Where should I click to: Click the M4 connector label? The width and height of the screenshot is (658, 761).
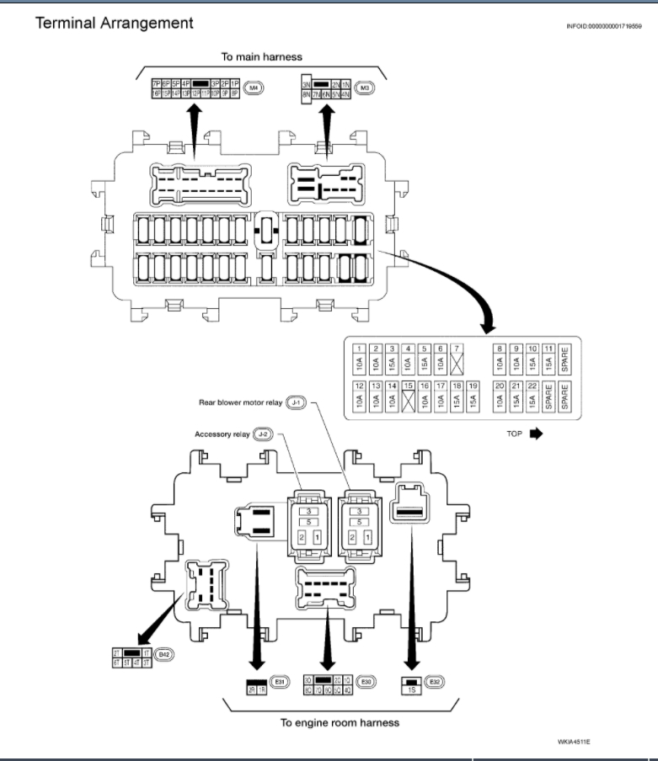[x=254, y=87]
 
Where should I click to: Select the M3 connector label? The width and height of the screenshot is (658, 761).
[x=365, y=87]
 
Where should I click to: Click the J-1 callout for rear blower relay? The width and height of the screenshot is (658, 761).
[x=295, y=403]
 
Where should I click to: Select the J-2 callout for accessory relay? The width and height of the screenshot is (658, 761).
[x=264, y=434]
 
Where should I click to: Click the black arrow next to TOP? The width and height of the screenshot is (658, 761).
[x=536, y=435]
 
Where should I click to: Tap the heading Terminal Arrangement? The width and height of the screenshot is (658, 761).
[x=114, y=23]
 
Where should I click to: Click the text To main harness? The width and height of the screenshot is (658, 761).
[x=261, y=56]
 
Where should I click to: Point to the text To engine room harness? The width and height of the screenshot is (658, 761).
[x=340, y=722]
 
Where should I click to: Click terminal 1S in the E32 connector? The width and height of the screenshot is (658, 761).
[x=412, y=690]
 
